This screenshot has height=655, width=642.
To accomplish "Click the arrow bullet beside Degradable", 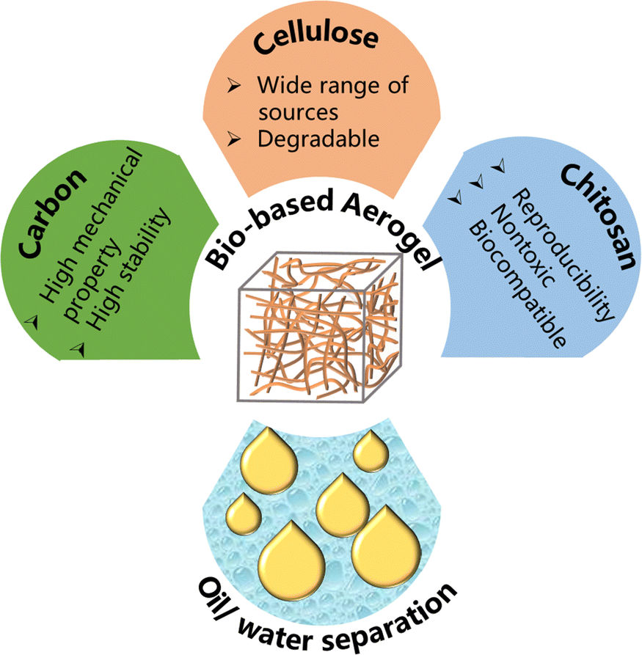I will (234, 138).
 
